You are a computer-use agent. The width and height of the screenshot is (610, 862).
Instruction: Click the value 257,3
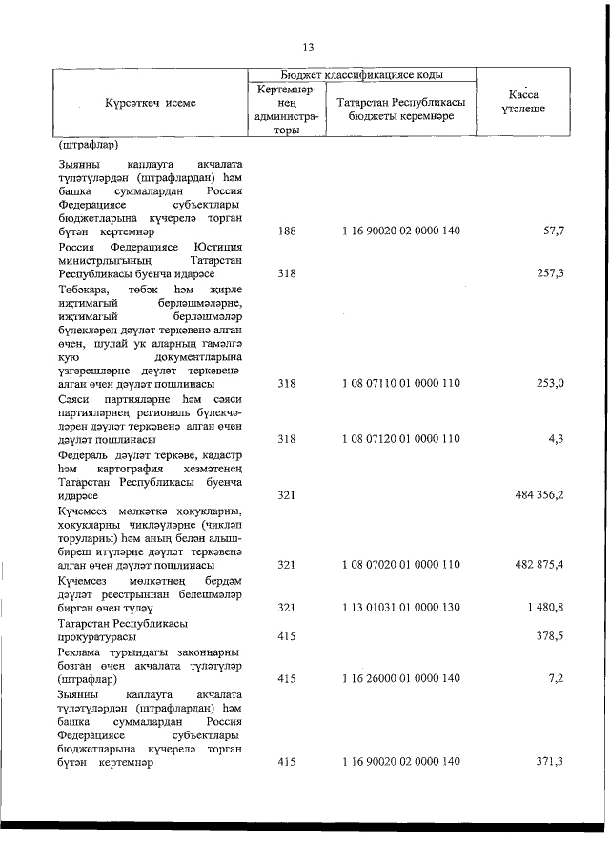[550, 272]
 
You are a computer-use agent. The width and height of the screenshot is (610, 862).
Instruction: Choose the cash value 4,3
[555, 439]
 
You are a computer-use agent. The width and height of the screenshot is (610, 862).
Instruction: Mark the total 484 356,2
[540, 495]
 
